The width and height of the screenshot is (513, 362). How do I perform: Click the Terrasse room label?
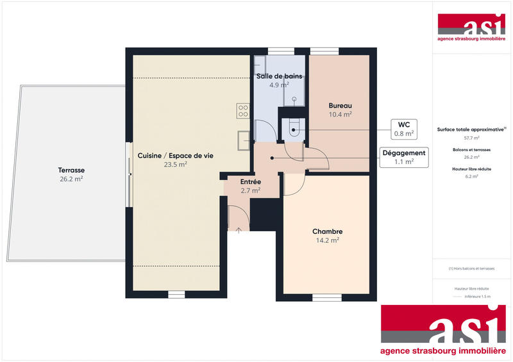pos(71,170)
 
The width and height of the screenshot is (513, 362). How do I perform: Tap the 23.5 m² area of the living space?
pos(175,164)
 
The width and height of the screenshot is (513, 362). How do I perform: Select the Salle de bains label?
pos(279,76)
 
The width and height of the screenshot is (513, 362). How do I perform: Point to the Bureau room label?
pos(340,106)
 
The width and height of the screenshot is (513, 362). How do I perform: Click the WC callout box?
pos(404,129)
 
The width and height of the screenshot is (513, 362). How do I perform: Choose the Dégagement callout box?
pos(404,157)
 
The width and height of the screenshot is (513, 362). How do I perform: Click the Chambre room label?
pos(327,231)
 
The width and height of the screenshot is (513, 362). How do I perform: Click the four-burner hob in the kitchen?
pos(242,111)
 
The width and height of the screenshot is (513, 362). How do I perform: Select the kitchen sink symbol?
pos(244,139)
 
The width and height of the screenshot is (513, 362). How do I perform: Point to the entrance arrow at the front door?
pos(239,230)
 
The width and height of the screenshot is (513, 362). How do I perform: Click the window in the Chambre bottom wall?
pos(327,297)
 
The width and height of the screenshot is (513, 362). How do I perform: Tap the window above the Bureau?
pos(323,51)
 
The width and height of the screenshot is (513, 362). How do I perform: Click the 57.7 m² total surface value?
pos(471,138)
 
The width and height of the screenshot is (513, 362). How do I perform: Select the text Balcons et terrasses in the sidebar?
pos(471,149)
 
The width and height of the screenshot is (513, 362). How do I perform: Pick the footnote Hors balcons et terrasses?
pos(471,268)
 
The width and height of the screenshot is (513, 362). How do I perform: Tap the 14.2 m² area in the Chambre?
pos(327,240)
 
